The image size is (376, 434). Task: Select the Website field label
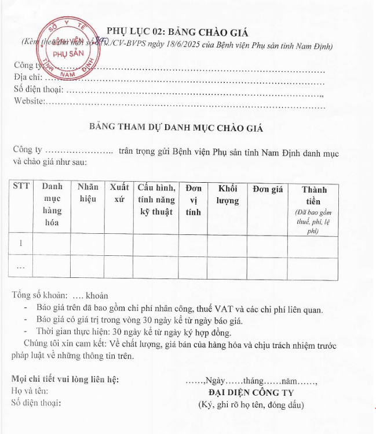pos(29,102)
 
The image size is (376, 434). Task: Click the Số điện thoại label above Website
pos(38,90)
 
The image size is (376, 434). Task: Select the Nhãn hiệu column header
pos(88,193)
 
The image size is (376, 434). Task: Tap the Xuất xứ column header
pos(120,193)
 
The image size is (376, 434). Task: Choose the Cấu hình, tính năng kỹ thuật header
pos(156,199)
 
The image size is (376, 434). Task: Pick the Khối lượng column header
pos(228,194)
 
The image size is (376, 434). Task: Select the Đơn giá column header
pos(268,189)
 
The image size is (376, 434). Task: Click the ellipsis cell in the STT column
pos(21,267)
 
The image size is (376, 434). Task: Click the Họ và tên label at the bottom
pos(30,392)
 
